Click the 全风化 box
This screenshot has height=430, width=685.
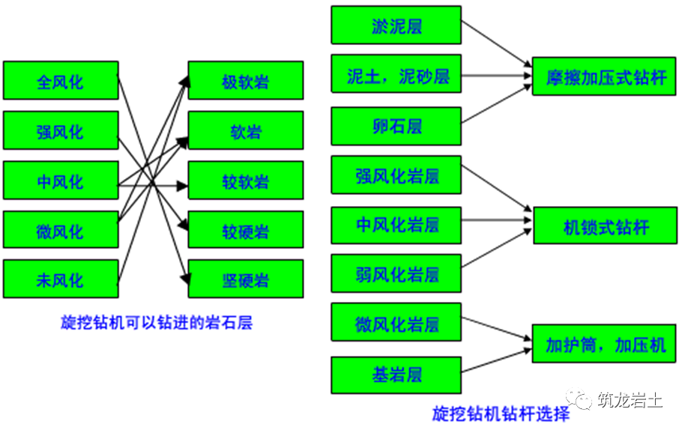(61, 81)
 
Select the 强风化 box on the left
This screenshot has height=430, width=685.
(61, 131)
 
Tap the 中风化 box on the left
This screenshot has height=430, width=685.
(61, 181)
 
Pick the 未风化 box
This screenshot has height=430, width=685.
(61, 279)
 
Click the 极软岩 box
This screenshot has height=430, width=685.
(246, 81)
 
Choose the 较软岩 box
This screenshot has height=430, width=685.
(246, 181)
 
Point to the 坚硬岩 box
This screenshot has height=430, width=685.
(246, 279)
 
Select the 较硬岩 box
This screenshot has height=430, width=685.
(246, 230)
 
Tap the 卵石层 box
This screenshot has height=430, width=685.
(396, 125)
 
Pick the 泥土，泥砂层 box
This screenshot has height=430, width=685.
(396, 75)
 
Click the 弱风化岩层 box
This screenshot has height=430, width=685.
(396, 273)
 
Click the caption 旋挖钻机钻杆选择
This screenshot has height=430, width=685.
(501, 414)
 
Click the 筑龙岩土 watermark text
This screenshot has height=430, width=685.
(628, 400)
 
